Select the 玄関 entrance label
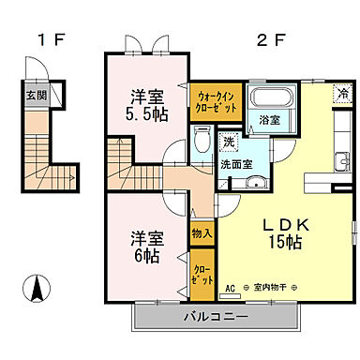tap(36, 95)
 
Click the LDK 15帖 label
tap(279, 233)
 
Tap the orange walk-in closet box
tap(218, 100)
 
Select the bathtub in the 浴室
tap(273, 101)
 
